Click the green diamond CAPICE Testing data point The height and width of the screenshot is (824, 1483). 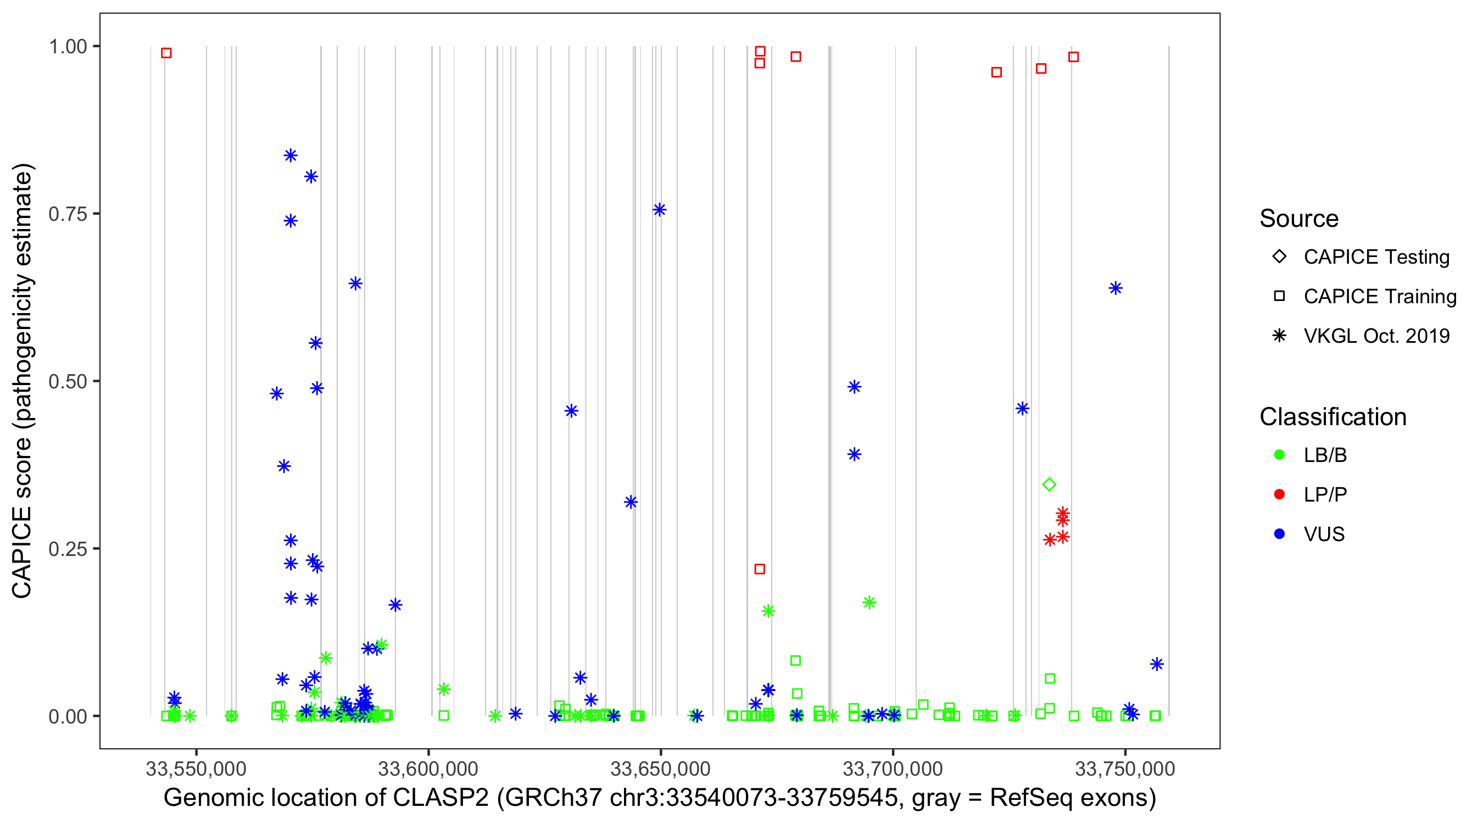[1049, 485]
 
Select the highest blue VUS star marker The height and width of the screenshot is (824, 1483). [290, 155]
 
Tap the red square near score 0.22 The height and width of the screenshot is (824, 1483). [759, 569]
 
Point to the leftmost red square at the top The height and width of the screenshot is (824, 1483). [166, 53]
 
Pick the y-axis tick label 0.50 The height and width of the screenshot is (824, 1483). [67, 381]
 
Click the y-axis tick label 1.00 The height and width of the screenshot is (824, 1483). [67, 46]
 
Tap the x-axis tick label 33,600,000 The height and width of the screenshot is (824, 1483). [428, 769]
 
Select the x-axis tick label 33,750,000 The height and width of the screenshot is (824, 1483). [1125, 769]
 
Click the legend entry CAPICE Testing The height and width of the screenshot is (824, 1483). [1376, 257]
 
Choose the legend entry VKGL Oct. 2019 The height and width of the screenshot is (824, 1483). [1376, 336]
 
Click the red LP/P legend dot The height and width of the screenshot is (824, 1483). [1279, 494]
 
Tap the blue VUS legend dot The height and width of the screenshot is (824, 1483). [1279, 534]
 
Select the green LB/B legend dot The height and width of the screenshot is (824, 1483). [1279, 455]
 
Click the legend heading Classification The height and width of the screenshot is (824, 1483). [1333, 417]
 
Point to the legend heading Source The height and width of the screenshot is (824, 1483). [1299, 219]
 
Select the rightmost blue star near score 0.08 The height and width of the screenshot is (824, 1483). [1157, 664]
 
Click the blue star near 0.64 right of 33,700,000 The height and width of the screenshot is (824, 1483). [1116, 288]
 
